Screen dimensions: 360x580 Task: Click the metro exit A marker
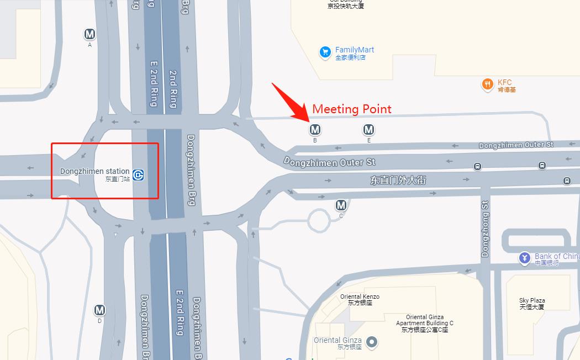(x=89, y=34)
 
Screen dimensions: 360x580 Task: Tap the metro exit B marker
(x=315, y=130)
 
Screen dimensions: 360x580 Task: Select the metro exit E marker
(x=368, y=130)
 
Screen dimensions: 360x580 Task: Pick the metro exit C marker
(x=341, y=205)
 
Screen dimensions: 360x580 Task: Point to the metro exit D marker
(x=99, y=310)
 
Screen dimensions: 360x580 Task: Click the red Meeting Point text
(x=352, y=109)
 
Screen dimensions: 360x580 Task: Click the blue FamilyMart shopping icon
(x=325, y=52)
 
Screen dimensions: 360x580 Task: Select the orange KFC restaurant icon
(x=487, y=84)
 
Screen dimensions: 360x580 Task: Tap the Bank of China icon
(x=524, y=258)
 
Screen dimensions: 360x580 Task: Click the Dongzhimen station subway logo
(x=139, y=175)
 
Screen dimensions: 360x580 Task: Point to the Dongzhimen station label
(x=95, y=172)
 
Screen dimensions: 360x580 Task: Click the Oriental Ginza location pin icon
(x=372, y=342)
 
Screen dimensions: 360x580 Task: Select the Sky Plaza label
(x=532, y=303)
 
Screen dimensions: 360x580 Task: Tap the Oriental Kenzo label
(x=360, y=299)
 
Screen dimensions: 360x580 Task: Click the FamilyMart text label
(x=354, y=50)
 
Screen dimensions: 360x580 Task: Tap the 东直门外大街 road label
(x=398, y=180)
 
